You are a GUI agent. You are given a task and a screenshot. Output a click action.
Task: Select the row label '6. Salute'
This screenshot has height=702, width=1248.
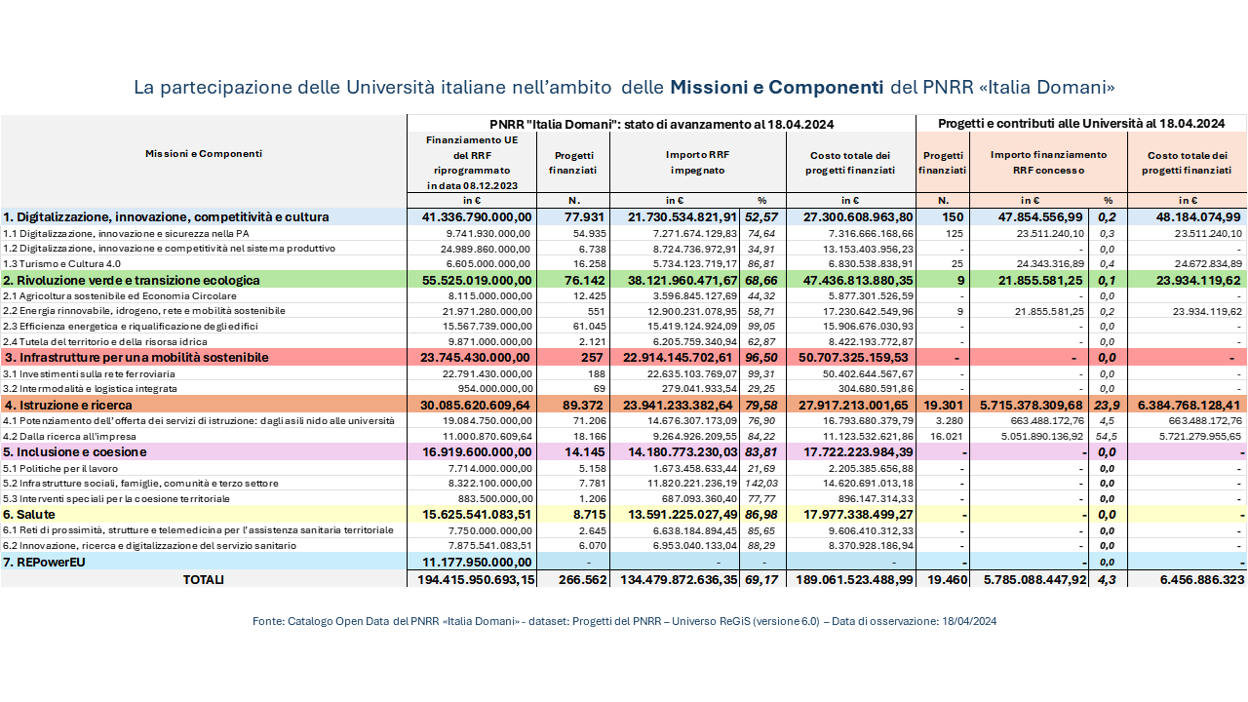pyautogui.click(x=30, y=514)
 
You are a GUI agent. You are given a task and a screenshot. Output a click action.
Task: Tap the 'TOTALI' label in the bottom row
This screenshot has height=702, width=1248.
pyautogui.click(x=203, y=579)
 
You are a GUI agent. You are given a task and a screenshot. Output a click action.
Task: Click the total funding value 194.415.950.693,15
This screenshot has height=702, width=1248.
pyautogui.click(x=472, y=579)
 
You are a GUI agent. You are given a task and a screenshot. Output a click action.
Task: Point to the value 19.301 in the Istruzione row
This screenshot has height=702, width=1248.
pyautogui.click(x=943, y=405)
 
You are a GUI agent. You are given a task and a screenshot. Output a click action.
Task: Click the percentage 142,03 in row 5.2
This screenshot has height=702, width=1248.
pyautogui.click(x=761, y=483)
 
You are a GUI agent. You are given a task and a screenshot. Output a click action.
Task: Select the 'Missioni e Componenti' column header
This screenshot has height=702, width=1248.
pyautogui.click(x=203, y=153)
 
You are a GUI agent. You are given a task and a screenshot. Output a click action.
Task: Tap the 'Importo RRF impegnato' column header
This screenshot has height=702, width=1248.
pyautogui.click(x=697, y=162)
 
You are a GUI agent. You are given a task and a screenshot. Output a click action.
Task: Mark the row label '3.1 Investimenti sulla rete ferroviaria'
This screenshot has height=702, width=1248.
pyautogui.click(x=89, y=373)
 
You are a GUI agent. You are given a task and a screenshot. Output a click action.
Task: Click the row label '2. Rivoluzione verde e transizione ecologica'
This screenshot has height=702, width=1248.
pyautogui.click(x=131, y=280)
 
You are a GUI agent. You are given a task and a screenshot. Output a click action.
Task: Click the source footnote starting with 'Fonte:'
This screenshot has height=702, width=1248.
pyautogui.click(x=624, y=620)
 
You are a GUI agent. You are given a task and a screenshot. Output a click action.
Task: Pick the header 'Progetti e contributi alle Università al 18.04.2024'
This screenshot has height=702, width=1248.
pyautogui.click(x=1080, y=124)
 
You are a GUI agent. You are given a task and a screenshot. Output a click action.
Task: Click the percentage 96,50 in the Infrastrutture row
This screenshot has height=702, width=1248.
pyautogui.click(x=761, y=358)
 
